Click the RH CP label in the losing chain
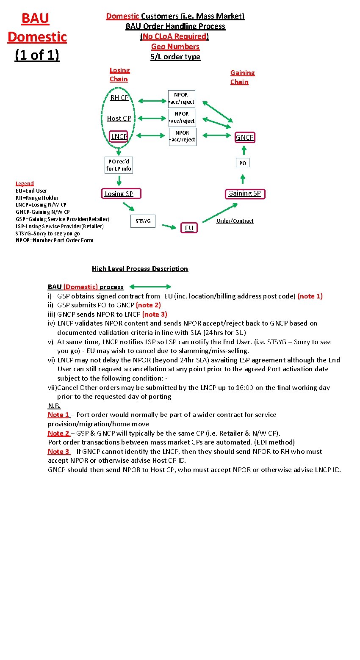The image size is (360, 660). tap(119, 98)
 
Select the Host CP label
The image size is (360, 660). tap(119, 119)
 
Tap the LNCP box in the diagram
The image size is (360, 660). tap(119, 136)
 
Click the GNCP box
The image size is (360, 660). tap(244, 137)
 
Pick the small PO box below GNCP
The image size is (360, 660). tap(243, 163)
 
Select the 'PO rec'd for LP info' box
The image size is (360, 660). tap(119, 165)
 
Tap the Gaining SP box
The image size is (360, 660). tap(244, 193)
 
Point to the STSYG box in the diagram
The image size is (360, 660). tap(143, 221)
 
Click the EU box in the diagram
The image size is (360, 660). tap(189, 228)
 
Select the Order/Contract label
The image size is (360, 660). tap(235, 221)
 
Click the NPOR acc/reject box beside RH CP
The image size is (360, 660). tap(182, 98)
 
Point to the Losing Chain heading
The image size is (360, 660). tap(119, 75)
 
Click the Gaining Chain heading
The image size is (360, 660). tap(242, 77)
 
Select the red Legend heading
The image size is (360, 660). tap(25, 183)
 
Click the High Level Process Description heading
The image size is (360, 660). tap(140, 269)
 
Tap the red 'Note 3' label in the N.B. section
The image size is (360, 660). tap(58, 451)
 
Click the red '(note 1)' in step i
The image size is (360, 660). tap(310, 296)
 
